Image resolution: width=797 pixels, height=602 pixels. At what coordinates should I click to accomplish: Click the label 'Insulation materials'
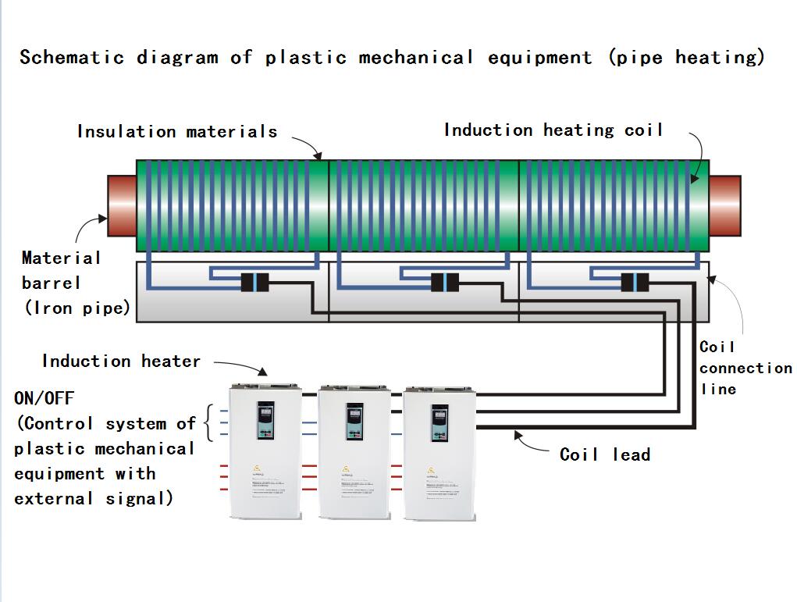tap(177, 132)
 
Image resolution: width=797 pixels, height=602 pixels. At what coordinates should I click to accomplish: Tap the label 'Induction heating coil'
tap(553, 130)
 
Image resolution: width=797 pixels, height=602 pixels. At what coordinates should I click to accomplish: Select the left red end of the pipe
tap(121, 205)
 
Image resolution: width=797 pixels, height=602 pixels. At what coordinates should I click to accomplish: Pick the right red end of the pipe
tap(725, 205)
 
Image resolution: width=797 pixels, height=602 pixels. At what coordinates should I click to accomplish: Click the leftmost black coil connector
tap(254, 283)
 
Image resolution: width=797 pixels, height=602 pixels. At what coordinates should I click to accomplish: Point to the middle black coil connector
tap(445, 283)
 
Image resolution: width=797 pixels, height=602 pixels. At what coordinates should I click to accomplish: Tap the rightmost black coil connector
tap(635, 283)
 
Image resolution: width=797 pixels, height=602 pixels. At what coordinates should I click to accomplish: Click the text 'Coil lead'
tap(605, 454)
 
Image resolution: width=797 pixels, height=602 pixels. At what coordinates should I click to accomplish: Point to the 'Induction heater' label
tap(121, 362)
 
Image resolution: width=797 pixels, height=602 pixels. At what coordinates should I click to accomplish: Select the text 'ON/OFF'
tap(44, 398)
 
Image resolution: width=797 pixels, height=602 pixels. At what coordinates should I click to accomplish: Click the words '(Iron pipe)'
tap(76, 308)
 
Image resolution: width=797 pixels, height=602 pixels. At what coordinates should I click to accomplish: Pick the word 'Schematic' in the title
tap(72, 58)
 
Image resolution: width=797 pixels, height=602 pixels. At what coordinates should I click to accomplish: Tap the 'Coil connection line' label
tap(745, 368)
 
